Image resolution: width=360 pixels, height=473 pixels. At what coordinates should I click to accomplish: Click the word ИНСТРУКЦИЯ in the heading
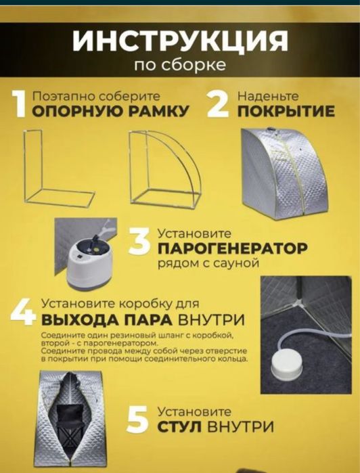point(180,42)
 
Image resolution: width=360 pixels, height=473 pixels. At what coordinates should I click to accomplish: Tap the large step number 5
point(138,419)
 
